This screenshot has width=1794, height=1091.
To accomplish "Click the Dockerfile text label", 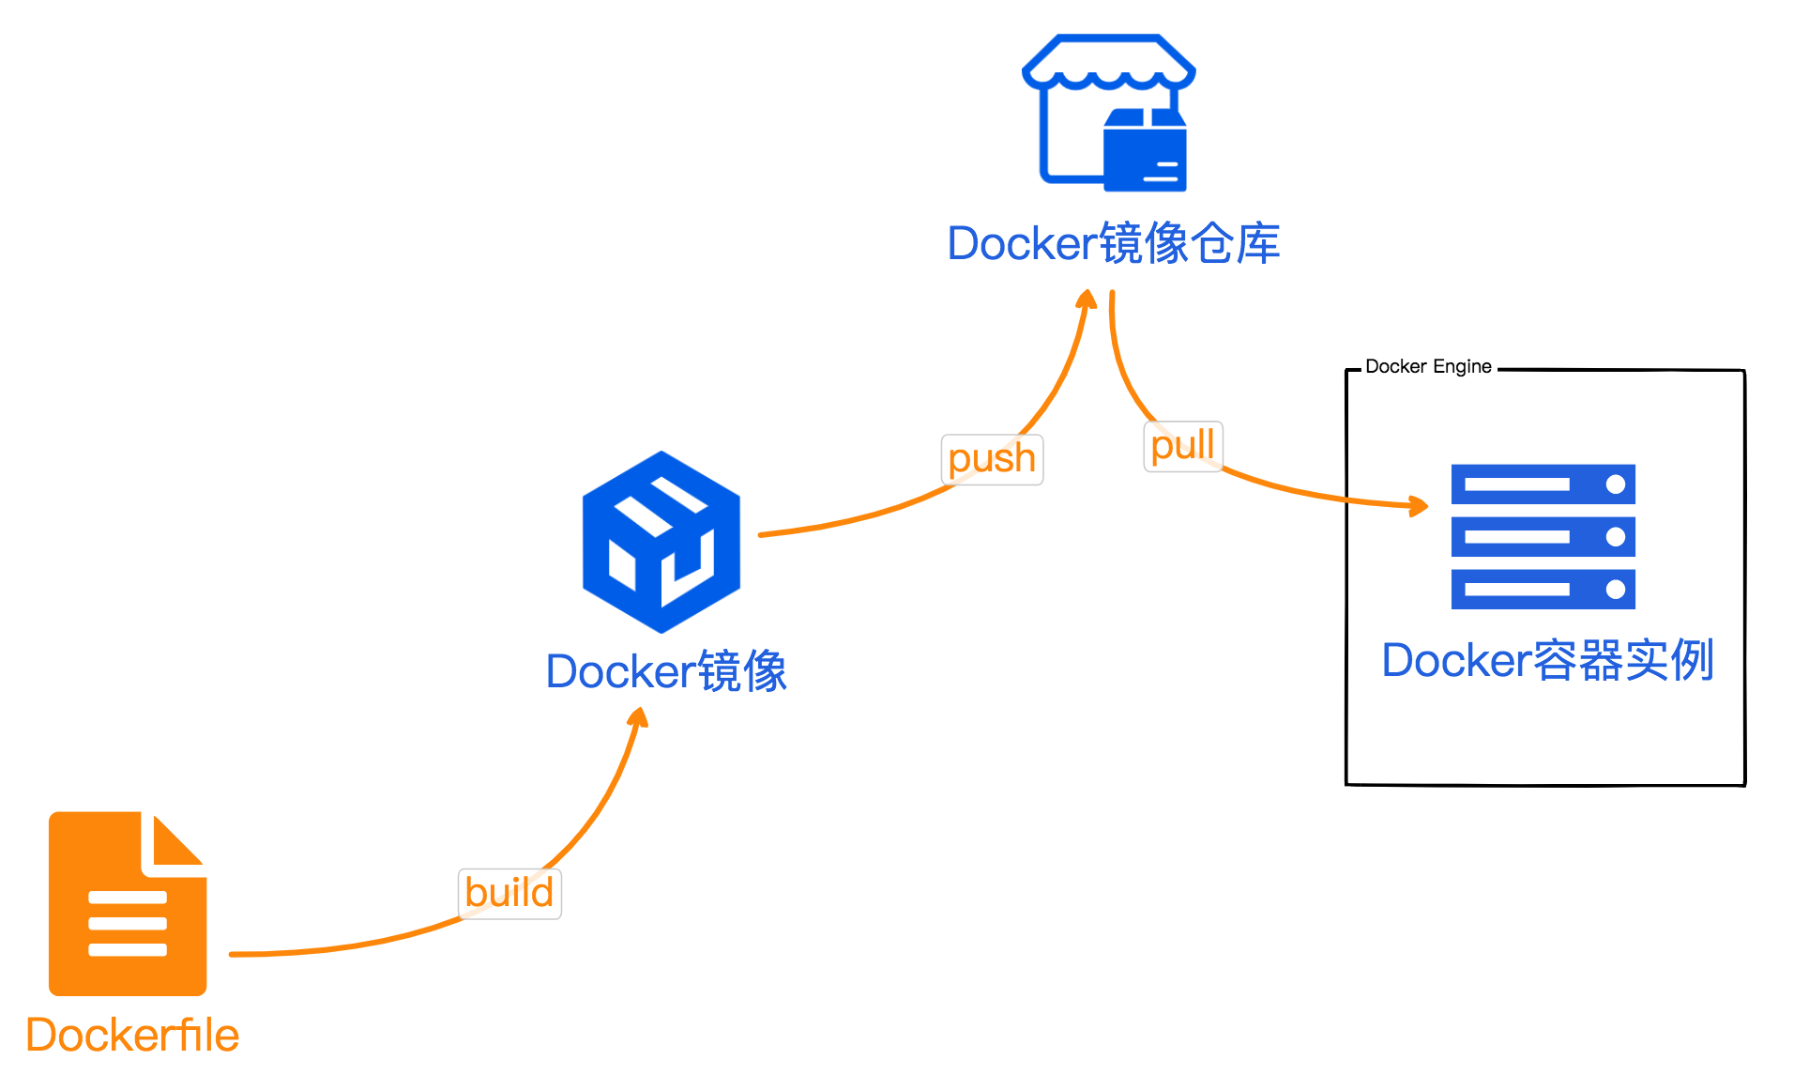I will click(x=132, y=1036).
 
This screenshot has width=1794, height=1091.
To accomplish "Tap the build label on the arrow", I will click(x=509, y=893).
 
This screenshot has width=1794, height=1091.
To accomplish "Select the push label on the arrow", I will click(x=992, y=459).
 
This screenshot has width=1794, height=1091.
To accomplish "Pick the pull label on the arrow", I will click(x=1182, y=446).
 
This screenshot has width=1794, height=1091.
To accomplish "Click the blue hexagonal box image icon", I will click(x=661, y=543).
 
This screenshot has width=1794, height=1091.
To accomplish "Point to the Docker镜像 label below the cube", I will click(x=666, y=671).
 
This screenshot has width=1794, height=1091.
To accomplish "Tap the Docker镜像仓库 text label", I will click(x=1113, y=244).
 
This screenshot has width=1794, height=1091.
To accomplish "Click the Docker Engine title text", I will click(x=1427, y=366).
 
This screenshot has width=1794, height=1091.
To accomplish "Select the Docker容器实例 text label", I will click(x=1547, y=660).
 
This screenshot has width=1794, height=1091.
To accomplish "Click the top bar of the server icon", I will click(x=1543, y=484).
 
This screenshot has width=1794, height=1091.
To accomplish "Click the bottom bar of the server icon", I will click(x=1543, y=590).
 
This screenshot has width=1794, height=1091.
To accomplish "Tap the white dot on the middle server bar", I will click(x=1615, y=537).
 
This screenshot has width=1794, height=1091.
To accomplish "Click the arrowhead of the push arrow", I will click(x=1087, y=300).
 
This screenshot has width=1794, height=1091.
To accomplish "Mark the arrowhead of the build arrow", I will click(x=639, y=718).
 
